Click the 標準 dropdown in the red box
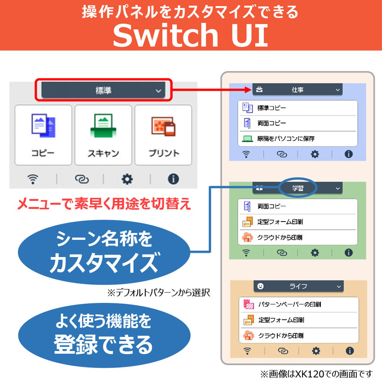pos(103,90)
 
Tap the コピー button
pos(43,135)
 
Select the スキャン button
pos(103,135)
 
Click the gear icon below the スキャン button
pos(127,179)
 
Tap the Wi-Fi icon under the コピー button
pos(33,179)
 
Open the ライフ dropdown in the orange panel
pos(298,286)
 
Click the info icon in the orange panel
pos(350,351)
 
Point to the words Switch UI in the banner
pos(191,35)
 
